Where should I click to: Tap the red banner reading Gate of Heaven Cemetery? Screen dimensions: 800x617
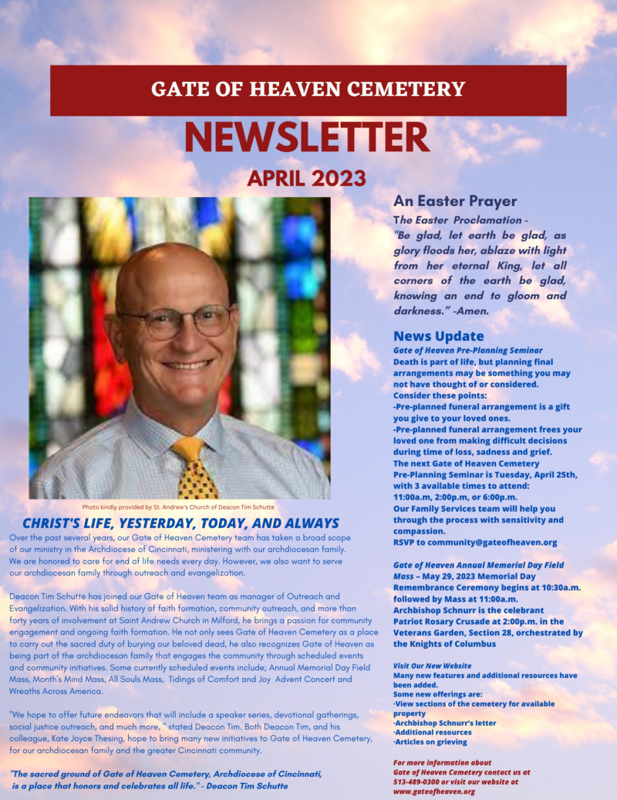tap(308, 89)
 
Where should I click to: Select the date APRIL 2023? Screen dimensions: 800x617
tap(306, 178)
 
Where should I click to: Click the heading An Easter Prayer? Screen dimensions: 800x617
tap(455, 201)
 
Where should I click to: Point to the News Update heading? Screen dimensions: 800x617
tap(439, 336)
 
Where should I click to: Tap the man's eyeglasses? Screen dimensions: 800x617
tap(176, 321)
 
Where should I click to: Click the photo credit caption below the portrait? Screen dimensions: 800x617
tap(178, 507)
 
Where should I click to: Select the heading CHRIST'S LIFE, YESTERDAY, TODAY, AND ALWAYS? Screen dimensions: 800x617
tap(180, 523)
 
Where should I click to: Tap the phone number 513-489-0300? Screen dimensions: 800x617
tap(421, 781)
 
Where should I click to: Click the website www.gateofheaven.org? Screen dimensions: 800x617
tap(433, 791)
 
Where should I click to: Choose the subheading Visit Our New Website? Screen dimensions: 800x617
tap(432, 665)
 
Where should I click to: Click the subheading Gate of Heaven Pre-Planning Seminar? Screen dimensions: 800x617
tap(468, 350)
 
